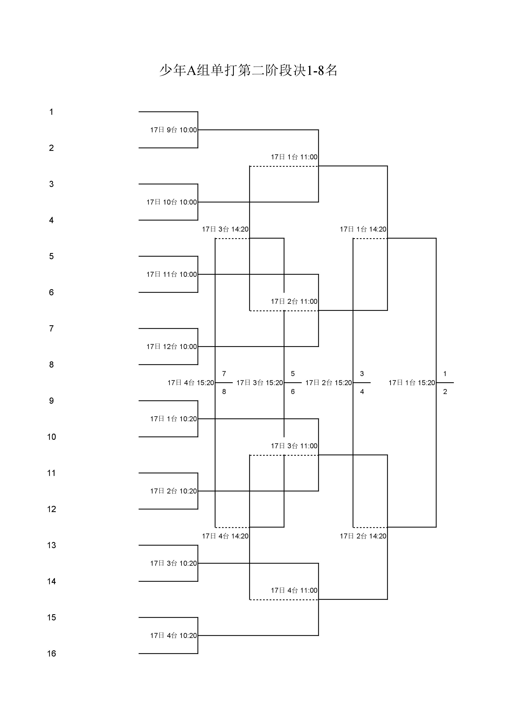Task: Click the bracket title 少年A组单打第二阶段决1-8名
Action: pos(248,70)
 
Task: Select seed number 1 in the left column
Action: pos(51,112)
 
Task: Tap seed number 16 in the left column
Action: pos(51,654)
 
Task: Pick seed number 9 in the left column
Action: pos(51,401)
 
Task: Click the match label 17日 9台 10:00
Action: pos(173,130)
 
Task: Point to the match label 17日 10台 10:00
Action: pos(171,202)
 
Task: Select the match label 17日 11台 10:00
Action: pos(171,274)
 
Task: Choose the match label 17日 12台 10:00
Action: pos(171,347)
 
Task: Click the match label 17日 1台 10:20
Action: pos(173,419)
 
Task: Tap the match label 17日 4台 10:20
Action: pos(173,636)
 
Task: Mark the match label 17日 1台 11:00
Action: pos(294,157)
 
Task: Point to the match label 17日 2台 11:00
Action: pos(294,302)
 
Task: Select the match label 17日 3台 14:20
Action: pos(225,229)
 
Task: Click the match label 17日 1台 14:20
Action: pos(363,229)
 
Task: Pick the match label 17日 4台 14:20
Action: pos(225,536)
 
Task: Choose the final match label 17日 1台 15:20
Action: pos(411,383)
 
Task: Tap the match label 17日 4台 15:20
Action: pos(190,383)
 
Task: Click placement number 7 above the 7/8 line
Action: pos(224,374)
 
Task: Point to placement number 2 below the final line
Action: pos(445,392)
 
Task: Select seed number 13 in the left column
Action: pos(51,545)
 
